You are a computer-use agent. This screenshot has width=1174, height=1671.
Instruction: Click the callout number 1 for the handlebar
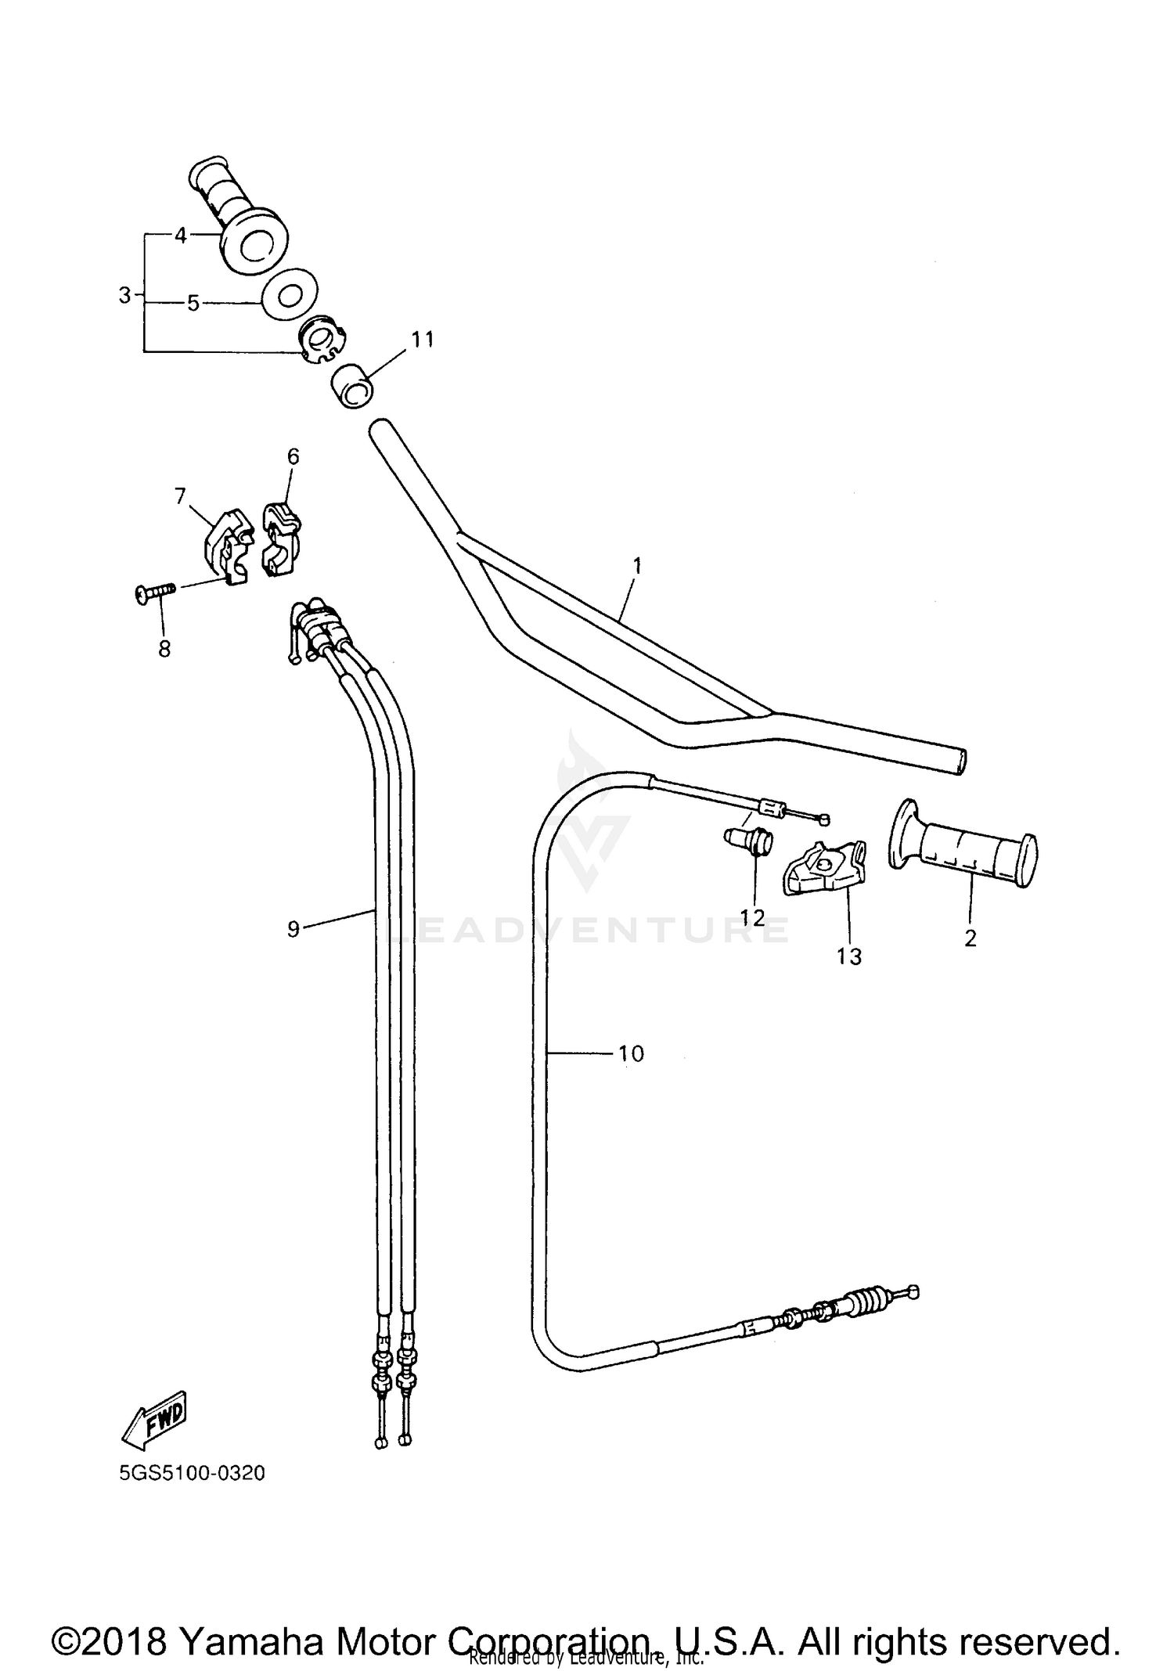[636, 565]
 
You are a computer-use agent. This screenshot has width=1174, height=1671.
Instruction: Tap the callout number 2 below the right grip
[970, 938]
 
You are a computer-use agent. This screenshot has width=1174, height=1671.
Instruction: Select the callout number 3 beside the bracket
[124, 296]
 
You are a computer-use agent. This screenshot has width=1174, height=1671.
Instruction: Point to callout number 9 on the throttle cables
[293, 929]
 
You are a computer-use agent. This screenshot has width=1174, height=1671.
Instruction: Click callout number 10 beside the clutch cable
[631, 1053]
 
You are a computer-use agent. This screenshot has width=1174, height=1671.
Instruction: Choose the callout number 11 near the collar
[423, 340]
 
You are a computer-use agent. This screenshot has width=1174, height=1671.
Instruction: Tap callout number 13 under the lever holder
[849, 956]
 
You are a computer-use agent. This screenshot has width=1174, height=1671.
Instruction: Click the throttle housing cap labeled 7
[226, 546]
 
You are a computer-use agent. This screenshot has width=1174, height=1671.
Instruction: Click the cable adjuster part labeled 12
[749, 845]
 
